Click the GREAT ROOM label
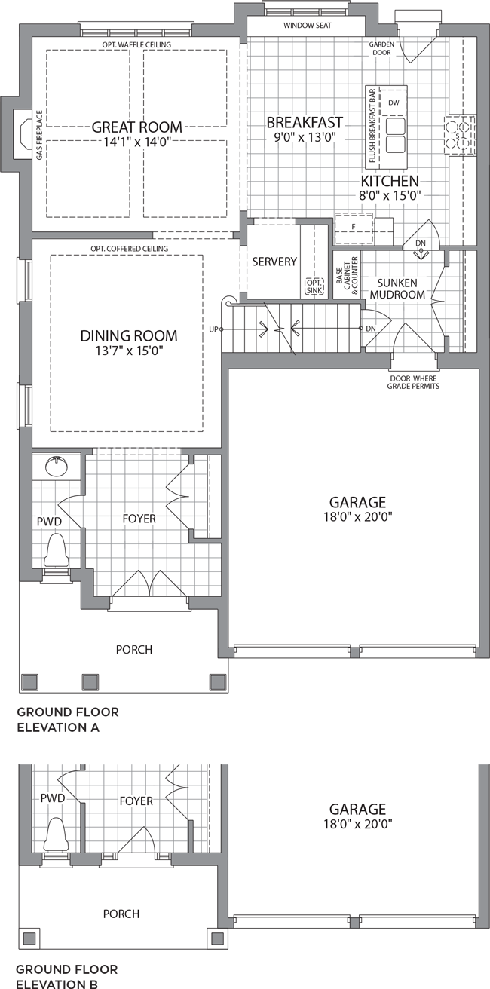pos(137,127)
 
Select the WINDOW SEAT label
pos(308,26)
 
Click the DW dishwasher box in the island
pos(394,103)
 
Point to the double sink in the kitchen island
pos(396,135)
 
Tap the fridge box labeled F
pos(354,228)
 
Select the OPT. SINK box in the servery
pos(314,286)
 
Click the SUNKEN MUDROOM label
pos(397,289)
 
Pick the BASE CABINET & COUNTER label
pos(347,274)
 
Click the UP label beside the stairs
pos(213,329)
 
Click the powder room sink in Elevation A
pos(56,466)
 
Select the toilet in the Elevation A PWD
pos(57,550)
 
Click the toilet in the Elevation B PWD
pos(57,834)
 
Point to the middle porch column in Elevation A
pos(90,682)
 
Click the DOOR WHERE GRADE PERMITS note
pos(413,382)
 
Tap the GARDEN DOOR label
pos(381,48)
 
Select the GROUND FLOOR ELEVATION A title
pos(68,720)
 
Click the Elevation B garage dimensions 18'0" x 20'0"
pos(358,823)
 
